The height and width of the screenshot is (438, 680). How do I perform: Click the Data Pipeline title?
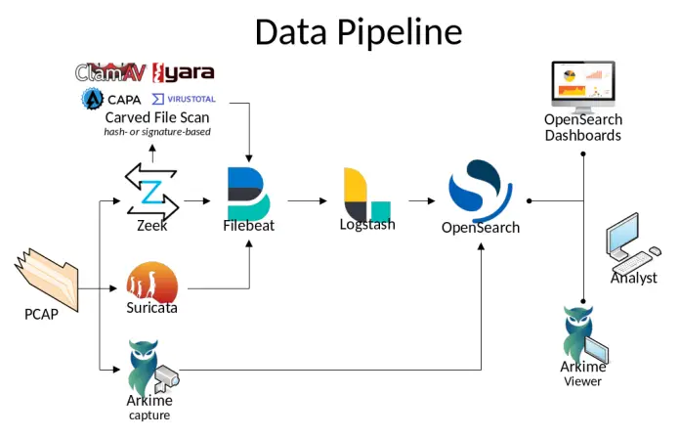(x=358, y=31)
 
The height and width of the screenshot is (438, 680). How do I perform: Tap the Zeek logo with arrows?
(x=152, y=192)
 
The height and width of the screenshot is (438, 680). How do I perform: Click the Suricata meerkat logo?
(x=152, y=282)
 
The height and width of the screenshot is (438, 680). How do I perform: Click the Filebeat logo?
(x=248, y=194)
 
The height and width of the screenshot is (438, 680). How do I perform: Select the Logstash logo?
(x=365, y=194)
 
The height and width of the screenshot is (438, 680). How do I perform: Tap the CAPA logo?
(x=111, y=100)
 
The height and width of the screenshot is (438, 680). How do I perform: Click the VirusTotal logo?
(x=184, y=100)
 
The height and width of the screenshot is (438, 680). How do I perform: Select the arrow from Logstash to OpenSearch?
(x=421, y=201)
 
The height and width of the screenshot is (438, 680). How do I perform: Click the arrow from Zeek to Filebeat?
(x=198, y=201)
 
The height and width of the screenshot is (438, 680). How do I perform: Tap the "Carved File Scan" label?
(x=156, y=117)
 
